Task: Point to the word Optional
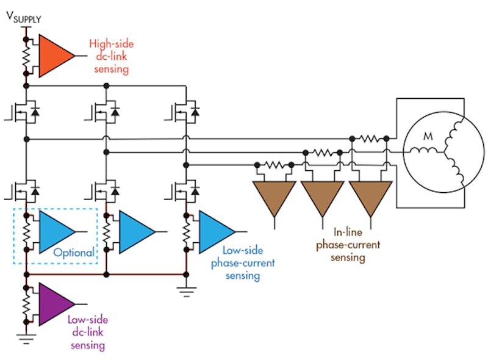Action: tap(73, 253)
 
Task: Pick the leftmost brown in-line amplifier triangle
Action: tap(274, 196)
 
